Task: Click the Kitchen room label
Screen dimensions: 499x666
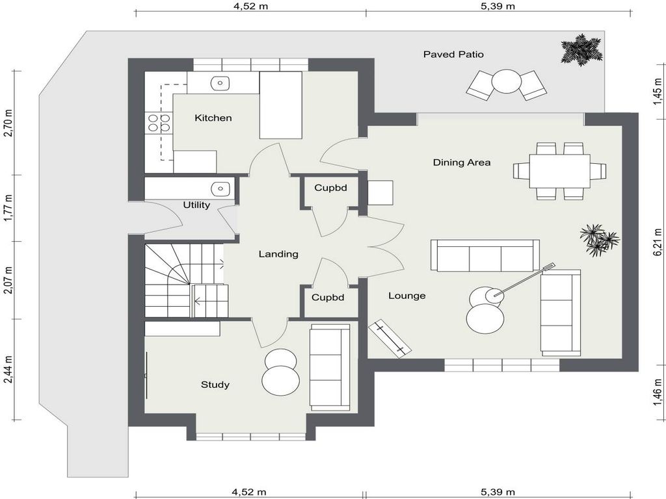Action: coord(213,118)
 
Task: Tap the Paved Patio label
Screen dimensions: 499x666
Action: coord(453,55)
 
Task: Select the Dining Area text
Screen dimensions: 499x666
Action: coord(462,162)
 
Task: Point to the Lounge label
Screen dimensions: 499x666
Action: coord(407,296)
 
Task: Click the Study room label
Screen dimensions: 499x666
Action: coord(215,385)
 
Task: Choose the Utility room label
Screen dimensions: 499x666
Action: coord(196,205)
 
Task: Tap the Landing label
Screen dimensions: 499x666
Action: coord(278,254)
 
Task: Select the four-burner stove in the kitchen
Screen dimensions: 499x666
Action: coord(159,123)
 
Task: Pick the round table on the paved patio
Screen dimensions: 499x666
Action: coord(506,82)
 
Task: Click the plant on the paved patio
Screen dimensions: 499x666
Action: coord(581,49)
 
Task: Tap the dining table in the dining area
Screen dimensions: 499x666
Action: coord(559,171)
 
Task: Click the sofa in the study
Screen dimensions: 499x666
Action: coord(329,367)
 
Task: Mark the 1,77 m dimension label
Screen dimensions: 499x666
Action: coord(8,208)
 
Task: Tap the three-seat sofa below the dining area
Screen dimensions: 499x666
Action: coord(485,255)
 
